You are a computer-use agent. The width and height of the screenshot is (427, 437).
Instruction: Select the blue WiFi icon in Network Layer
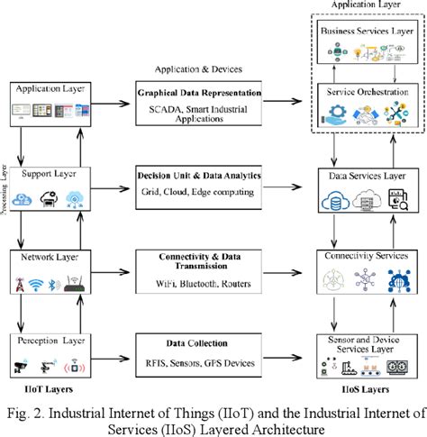[x=38, y=287]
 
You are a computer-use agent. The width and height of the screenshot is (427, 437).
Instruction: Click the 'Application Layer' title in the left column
[x=48, y=90]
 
